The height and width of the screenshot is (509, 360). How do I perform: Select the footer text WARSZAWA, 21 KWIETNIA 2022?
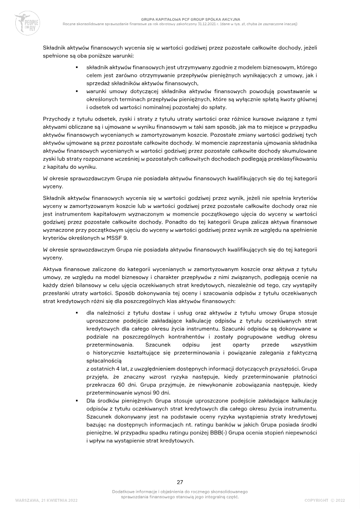pyautogui.click(x=43, y=500)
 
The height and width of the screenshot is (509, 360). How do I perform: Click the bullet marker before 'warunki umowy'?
pyautogui.click(x=77, y=91)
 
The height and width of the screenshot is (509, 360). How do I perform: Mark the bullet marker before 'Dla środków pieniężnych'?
pyautogui.click(x=77, y=401)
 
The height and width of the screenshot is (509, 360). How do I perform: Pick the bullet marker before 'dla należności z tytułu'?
pyautogui.click(x=77, y=311)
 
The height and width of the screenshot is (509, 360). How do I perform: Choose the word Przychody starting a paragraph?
pyautogui.click(x=56, y=119)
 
